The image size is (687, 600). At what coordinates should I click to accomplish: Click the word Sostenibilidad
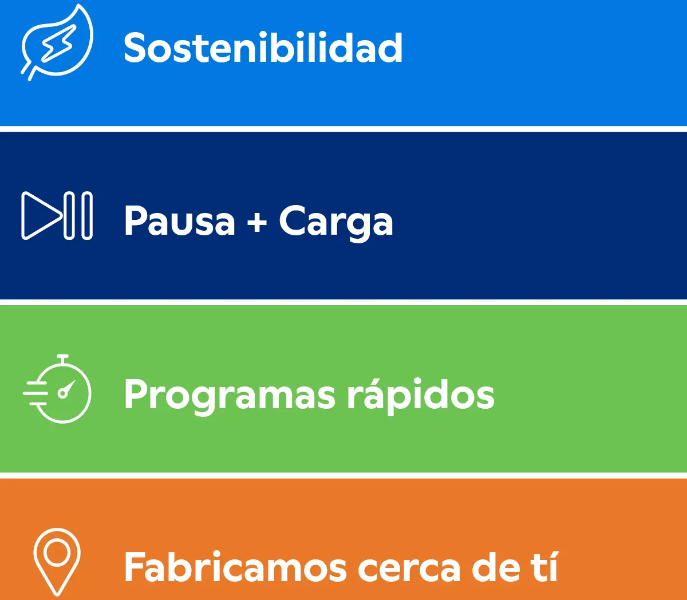pos(263,48)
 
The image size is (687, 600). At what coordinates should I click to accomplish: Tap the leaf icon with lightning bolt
pos(57,42)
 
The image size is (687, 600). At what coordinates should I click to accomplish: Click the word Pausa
pos(179,220)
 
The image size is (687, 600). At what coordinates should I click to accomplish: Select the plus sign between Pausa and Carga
pos(257,222)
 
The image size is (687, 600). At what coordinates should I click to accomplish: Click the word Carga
pos(336,223)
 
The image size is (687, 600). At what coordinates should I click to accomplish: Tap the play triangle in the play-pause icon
pos(42,216)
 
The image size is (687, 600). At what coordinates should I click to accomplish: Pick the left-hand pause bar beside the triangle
pos(69,216)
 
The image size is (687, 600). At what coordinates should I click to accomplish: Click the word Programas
pos(230,396)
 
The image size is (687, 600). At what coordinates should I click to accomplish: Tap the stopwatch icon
pos(57,389)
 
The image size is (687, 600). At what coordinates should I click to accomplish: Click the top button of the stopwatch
pos(63,358)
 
